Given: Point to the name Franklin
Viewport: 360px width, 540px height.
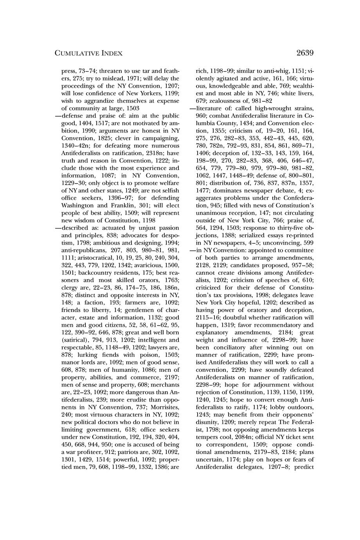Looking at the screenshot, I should coord(122,205).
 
